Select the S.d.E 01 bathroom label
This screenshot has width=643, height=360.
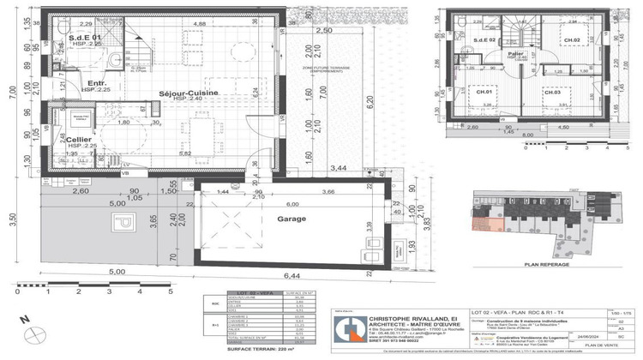point(85,38)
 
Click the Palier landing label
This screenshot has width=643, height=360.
point(514,52)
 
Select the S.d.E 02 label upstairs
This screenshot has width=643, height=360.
point(485,40)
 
